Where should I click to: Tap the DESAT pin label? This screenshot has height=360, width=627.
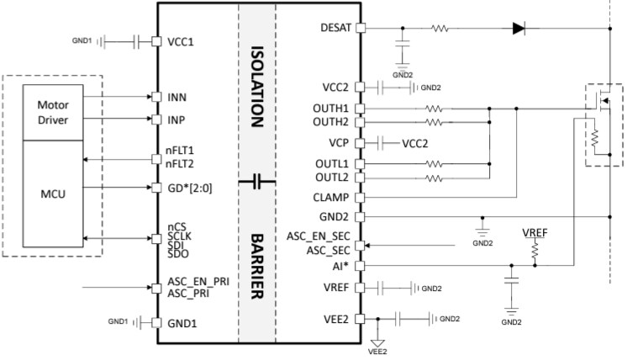point(335,28)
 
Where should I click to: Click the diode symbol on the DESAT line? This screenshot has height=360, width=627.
point(519,28)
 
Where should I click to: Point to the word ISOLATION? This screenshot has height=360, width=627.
point(259,85)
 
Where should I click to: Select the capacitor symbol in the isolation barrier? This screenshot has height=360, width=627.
point(259,180)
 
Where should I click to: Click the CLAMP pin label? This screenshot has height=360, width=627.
point(331,198)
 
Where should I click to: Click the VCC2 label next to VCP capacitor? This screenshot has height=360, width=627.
point(414,142)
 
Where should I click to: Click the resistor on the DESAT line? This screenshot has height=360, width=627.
point(440,28)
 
